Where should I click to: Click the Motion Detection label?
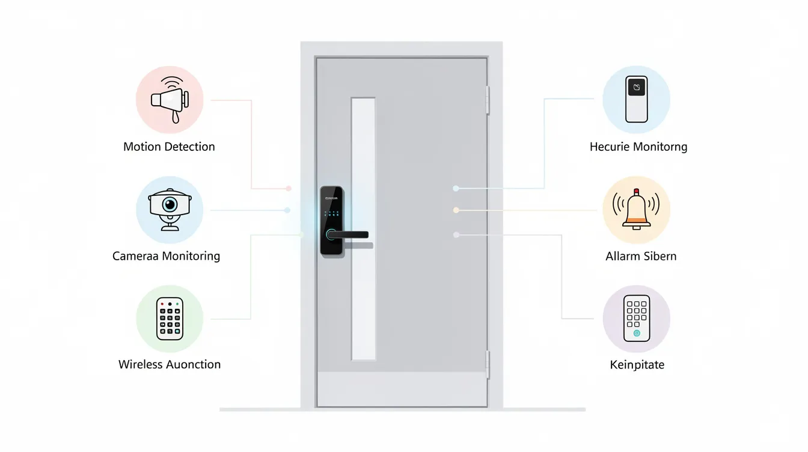pos(169,147)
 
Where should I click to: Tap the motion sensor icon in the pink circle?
pos(170,100)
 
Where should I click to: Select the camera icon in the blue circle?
pos(170,209)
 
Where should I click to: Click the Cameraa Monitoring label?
pos(166,256)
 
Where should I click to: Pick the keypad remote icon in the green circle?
pos(170,319)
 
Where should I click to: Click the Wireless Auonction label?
pos(170,364)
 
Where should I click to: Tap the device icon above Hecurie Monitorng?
pos(636,100)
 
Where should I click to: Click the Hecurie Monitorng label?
pos(638,147)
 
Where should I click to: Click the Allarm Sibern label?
pos(641,256)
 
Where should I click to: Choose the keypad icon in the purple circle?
pos(636,319)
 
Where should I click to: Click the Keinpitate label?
pos(637,365)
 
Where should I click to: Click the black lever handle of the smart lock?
pos(352,234)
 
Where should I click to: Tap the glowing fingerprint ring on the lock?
pos(331,235)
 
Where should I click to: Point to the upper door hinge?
pos(488,100)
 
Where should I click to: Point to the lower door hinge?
pos(488,364)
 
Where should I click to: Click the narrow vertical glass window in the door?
pos(363,228)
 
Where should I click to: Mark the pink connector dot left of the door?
pos(289,189)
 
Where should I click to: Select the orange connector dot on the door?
pos(456,210)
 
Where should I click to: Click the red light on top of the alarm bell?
pos(636,192)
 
